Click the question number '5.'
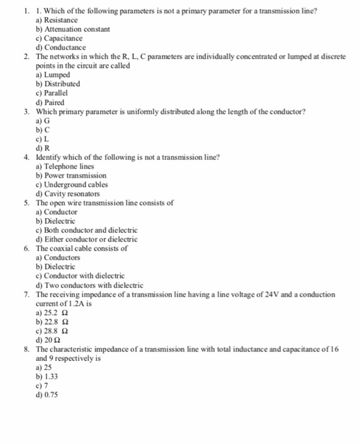point(27,203)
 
